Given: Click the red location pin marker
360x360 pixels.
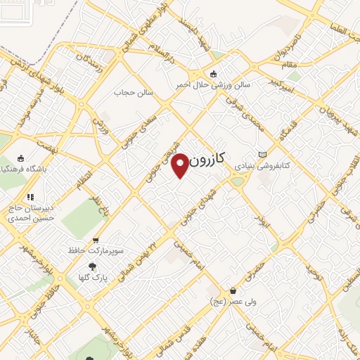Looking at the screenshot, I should (181, 165).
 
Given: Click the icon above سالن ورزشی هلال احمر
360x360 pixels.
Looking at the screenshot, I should (214, 74).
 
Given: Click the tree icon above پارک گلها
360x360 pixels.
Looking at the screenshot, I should (92, 266).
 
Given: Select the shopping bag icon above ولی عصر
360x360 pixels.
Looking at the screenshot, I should (233, 290).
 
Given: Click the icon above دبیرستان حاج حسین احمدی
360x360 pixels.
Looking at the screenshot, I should (30, 198).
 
